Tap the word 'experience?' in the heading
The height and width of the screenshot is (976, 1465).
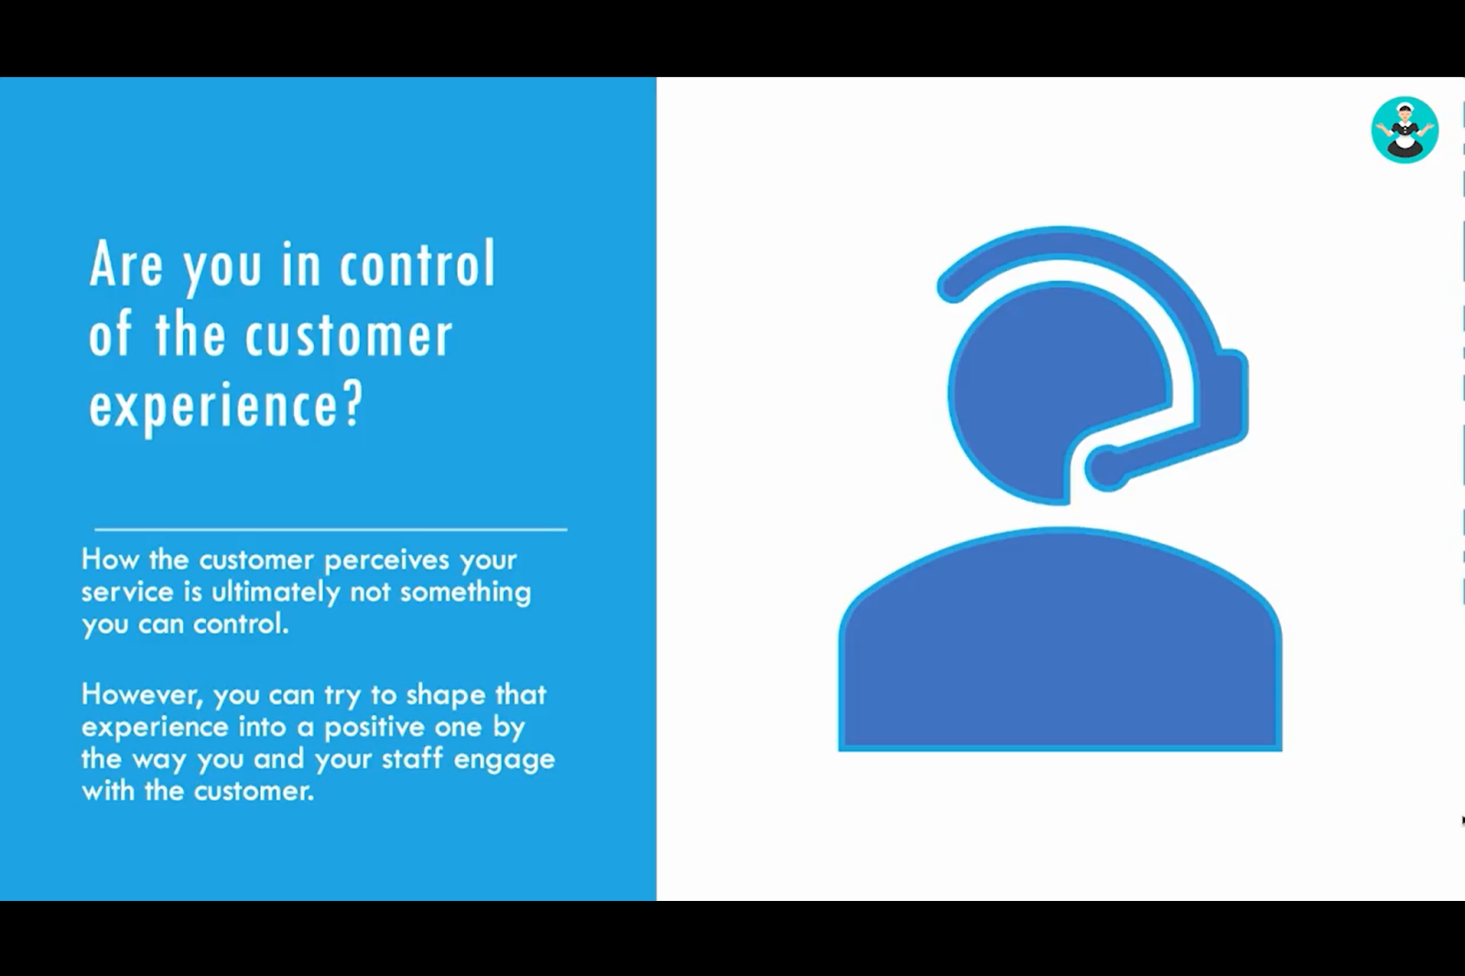(x=225, y=405)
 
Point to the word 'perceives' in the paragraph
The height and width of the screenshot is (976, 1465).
(x=387, y=561)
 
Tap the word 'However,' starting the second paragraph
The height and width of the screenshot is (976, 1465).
(x=143, y=695)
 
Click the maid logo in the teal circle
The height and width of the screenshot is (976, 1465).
(x=1405, y=129)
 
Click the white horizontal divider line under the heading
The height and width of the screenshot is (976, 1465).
(x=331, y=529)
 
